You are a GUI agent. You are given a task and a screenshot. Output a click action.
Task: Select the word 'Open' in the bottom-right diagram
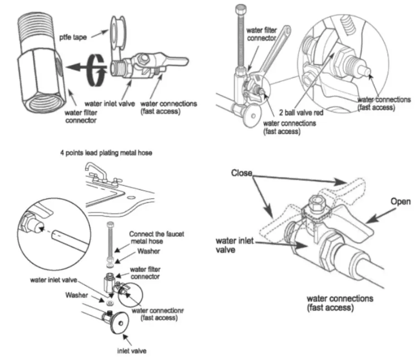(400, 202)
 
